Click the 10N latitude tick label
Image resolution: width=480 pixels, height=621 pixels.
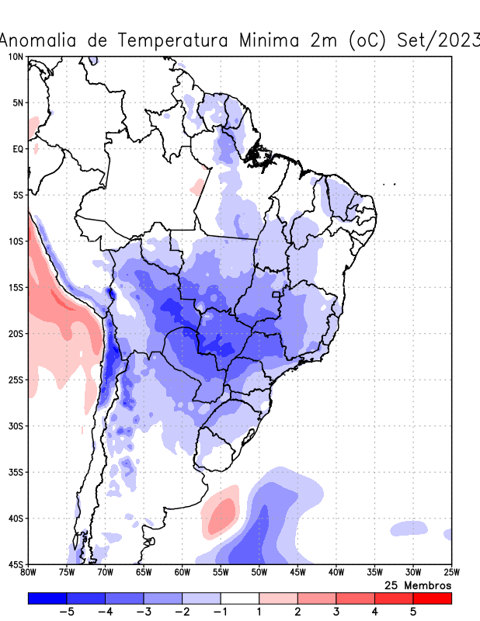pos(15,57)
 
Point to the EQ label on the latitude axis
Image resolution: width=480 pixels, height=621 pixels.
pos(17,148)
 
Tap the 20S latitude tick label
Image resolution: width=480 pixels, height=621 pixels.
pos(15,334)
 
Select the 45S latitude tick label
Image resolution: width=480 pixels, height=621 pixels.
pos(15,564)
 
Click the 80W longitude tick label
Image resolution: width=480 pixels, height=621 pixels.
pos(29,573)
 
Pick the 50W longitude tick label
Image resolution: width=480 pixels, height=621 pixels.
pos(259,573)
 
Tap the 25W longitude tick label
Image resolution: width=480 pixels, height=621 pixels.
pos(450,573)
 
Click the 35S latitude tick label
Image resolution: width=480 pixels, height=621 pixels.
pos(15,472)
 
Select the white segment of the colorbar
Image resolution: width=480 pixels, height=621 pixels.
pos(240,598)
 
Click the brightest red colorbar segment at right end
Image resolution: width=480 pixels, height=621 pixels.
pos(432,598)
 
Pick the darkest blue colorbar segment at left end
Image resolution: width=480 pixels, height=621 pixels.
pos(47,598)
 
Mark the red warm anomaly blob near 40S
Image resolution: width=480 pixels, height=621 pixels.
pos(221,513)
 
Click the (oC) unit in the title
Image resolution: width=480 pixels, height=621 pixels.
pos(364,40)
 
